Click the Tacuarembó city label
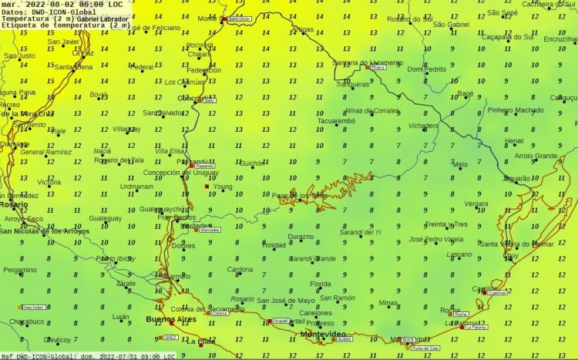click(x=335, y=120)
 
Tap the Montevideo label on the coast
click(x=324, y=334)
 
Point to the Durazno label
click(x=301, y=237)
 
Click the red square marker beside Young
click(x=207, y=187)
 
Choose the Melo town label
click(x=460, y=165)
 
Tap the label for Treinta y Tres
click(x=445, y=224)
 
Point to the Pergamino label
click(x=19, y=270)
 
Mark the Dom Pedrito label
click(x=426, y=69)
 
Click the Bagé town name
click(x=465, y=93)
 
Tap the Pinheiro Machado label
click(x=516, y=110)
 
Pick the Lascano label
click(x=459, y=254)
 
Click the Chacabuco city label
click(x=27, y=321)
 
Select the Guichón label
click(x=252, y=163)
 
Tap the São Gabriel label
click(x=451, y=25)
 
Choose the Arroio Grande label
click(x=536, y=156)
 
